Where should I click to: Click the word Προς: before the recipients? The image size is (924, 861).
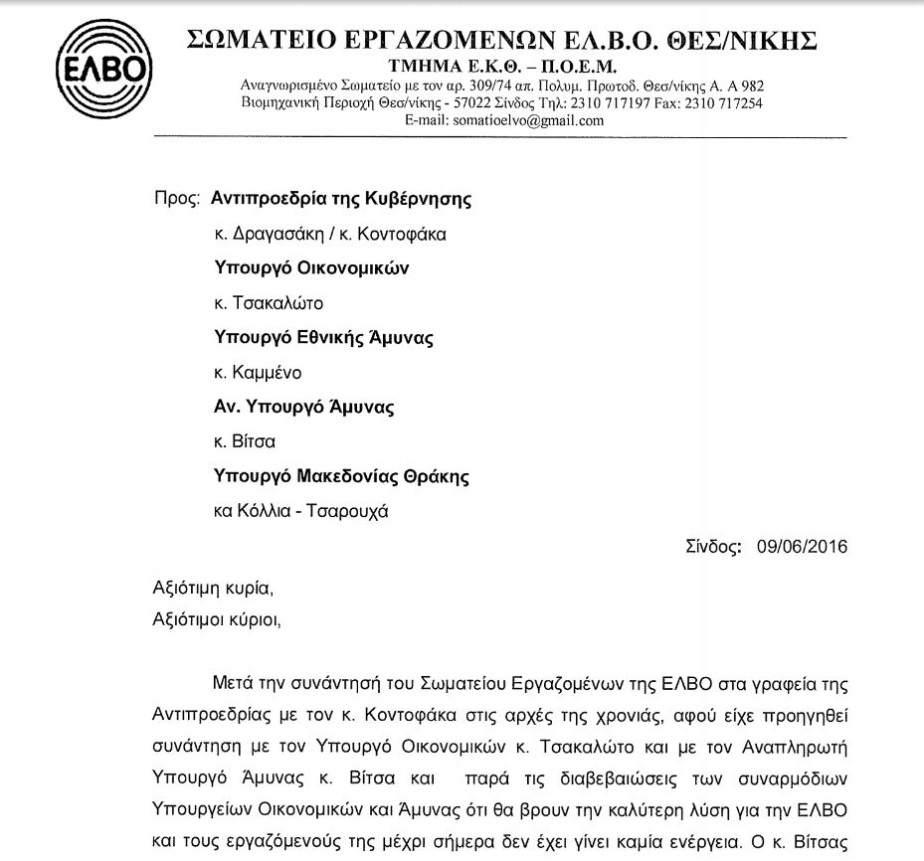coord(178,198)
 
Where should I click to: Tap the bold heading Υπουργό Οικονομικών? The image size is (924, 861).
coord(311,267)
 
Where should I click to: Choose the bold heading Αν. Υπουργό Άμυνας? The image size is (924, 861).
coord(305,407)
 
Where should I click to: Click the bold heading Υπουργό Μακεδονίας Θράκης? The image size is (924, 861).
coord(342,476)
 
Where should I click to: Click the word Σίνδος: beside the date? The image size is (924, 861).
coord(713,546)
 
